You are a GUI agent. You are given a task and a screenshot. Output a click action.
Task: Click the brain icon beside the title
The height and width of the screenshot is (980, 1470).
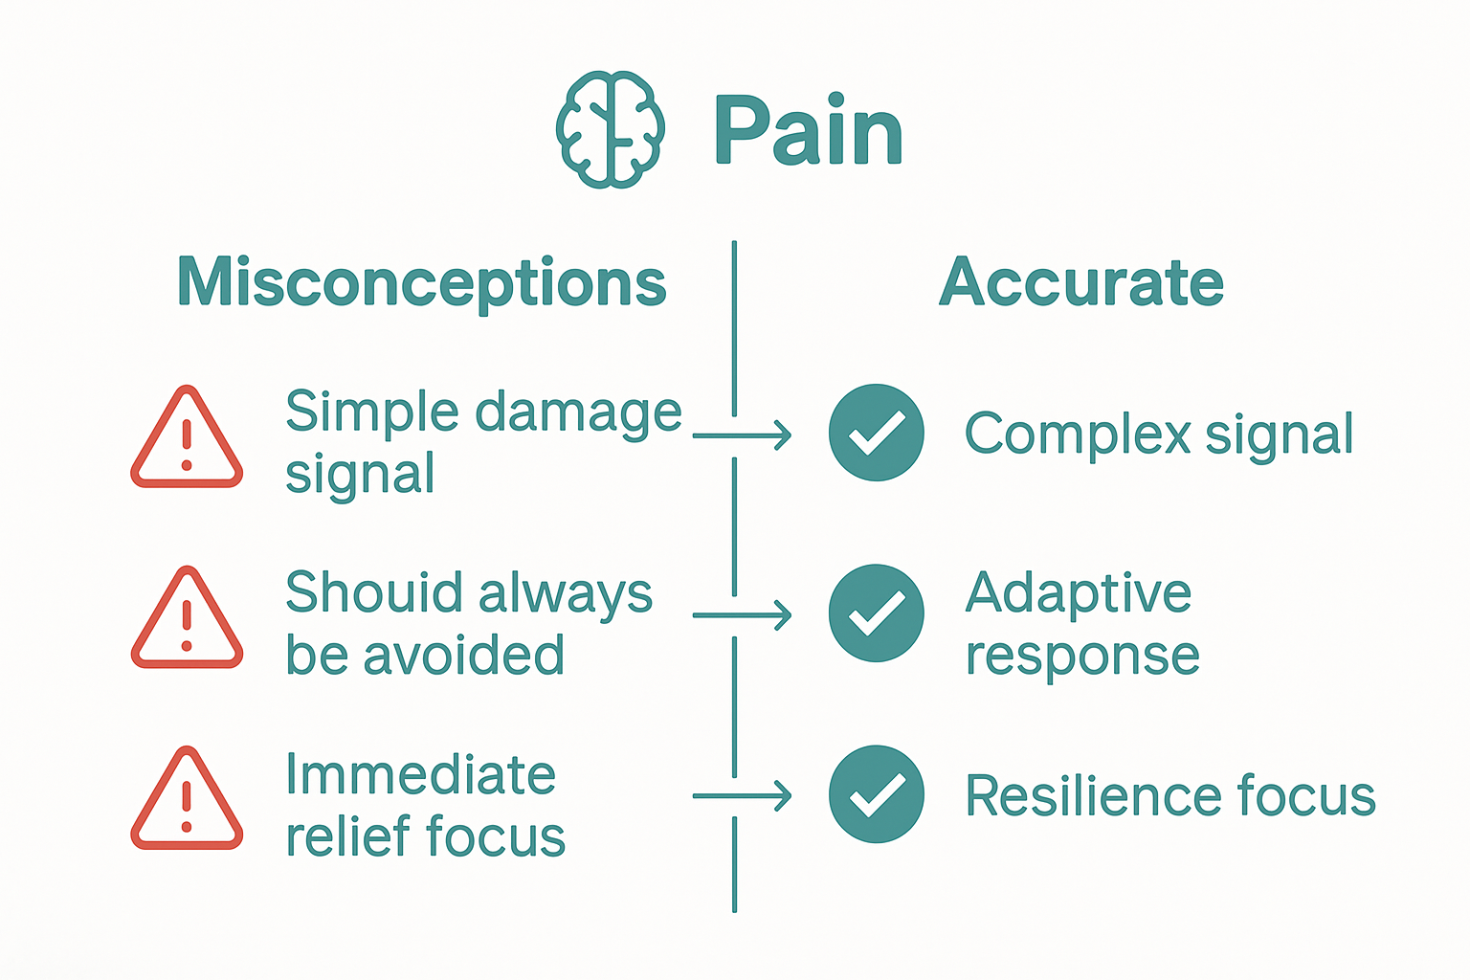click(x=610, y=129)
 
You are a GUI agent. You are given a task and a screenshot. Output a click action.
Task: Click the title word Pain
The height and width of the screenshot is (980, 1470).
click(x=809, y=131)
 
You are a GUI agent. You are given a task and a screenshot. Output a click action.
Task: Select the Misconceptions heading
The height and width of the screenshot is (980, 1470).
click(x=422, y=282)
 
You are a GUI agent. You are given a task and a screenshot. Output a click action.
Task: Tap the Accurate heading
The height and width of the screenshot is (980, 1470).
click(x=1081, y=282)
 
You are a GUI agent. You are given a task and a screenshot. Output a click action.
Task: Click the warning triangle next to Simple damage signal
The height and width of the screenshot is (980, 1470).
click(x=187, y=439)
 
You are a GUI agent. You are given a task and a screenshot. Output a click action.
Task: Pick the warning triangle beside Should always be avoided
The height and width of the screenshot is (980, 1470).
click(x=187, y=619)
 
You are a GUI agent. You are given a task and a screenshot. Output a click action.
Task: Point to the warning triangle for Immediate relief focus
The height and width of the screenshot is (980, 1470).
click(x=187, y=800)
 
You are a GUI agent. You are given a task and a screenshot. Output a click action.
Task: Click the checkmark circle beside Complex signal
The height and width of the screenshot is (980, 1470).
click(x=876, y=433)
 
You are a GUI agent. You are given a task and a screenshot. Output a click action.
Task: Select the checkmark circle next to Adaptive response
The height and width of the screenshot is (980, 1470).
click(x=876, y=613)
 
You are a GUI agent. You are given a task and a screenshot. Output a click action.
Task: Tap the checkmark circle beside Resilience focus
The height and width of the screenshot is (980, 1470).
click(x=876, y=794)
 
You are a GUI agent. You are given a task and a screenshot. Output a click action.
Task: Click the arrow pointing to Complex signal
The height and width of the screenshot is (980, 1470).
click(x=742, y=435)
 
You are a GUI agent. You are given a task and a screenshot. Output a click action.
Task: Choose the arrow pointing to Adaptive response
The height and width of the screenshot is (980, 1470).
click(x=742, y=615)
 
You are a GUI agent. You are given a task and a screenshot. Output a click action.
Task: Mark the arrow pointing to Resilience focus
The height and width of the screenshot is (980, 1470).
click(x=742, y=795)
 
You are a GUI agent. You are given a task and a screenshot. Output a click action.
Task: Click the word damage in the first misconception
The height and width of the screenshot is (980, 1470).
click(x=578, y=413)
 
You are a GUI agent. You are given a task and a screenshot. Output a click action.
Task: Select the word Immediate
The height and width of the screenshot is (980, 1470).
click(x=420, y=774)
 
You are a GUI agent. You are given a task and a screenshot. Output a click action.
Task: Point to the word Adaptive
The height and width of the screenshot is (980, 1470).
click(x=1078, y=593)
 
